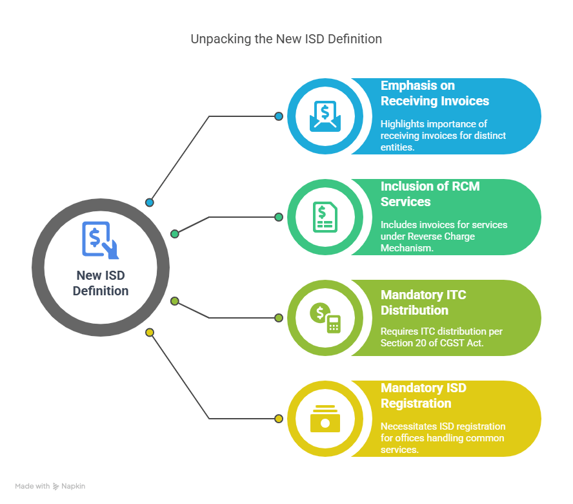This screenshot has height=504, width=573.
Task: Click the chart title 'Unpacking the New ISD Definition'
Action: (286, 39)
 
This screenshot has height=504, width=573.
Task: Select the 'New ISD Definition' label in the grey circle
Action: (101, 283)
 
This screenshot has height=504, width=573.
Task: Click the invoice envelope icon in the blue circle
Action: (325, 116)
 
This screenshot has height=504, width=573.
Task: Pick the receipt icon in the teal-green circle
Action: (325, 217)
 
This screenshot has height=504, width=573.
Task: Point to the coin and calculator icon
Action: (325, 318)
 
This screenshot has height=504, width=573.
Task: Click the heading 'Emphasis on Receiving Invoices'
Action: (435, 93)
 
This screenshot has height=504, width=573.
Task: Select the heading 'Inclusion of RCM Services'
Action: (430, 194)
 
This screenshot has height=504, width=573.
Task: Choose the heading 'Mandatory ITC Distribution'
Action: (423, 302)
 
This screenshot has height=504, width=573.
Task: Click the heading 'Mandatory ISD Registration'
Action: (423, 395)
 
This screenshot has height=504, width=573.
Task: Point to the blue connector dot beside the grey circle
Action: (150, 202)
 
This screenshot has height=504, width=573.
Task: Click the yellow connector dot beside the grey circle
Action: (150, 332)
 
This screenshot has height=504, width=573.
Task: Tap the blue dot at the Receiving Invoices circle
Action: (279, 116)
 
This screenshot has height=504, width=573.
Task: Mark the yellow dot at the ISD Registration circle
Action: (279, 419)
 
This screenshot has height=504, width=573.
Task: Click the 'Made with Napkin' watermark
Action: (50, 486)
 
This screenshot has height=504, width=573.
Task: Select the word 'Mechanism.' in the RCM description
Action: (407, 248)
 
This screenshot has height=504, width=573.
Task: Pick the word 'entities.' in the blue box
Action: (397, 147)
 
